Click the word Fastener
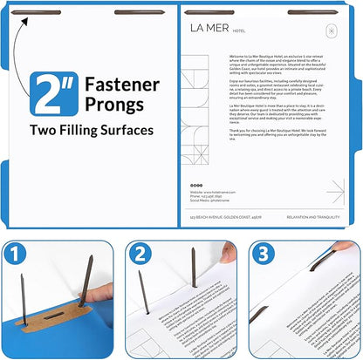click(121, 85)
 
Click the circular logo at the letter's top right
click(331, 31)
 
